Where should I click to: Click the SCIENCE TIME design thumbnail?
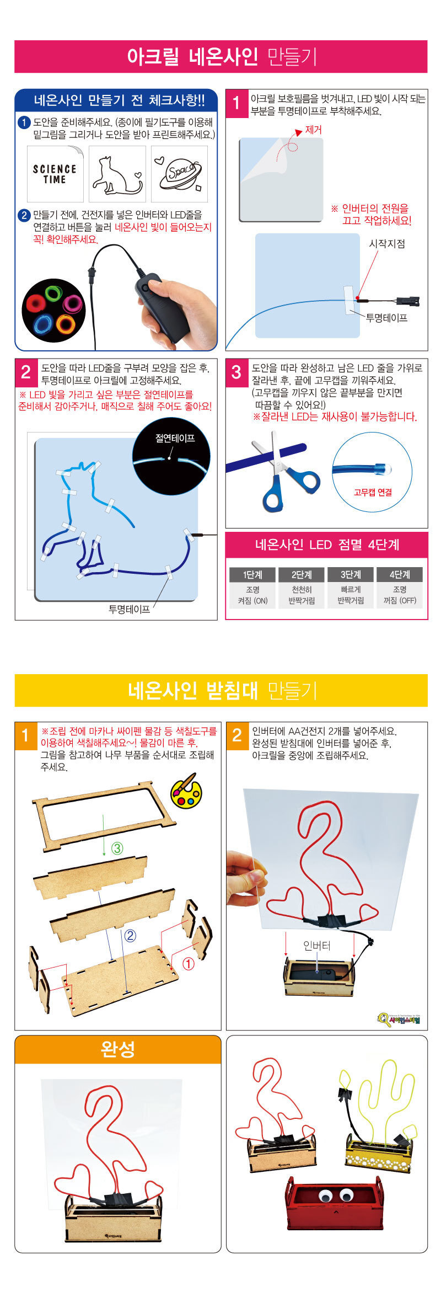point(55,174)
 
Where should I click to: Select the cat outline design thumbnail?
point(117,174)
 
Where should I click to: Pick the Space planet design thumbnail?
point(180,174)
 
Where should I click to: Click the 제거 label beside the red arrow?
point(313,131)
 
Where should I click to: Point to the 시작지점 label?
point(387,244)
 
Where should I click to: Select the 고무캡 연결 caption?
point(373,492)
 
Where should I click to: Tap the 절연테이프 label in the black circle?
point(175,439)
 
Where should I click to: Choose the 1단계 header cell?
point(252,574)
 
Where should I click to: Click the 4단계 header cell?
point(400,574)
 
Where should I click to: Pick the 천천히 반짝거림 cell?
point(302,595)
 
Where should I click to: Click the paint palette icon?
point(186,792)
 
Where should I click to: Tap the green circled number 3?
point(117,848)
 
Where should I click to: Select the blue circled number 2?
point(130,935)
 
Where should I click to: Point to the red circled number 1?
point(188,964)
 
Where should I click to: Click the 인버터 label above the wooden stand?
point(317,946)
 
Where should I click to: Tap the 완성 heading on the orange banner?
point(118,1049)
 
